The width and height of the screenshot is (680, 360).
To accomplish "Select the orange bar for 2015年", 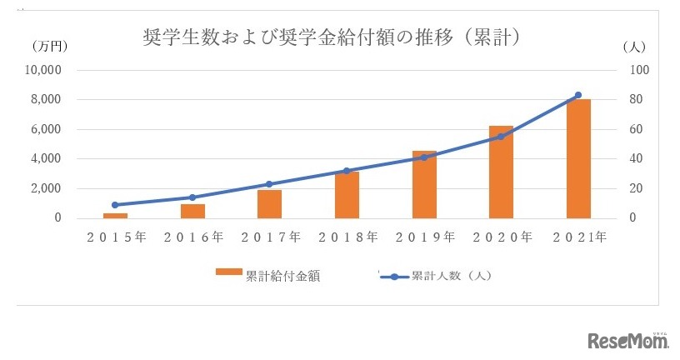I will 115,215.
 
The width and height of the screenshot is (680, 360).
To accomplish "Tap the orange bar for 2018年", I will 347,195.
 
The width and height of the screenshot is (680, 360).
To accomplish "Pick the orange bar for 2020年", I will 501,172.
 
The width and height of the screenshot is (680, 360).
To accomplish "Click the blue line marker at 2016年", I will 192,197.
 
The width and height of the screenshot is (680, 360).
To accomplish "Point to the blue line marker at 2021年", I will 578,95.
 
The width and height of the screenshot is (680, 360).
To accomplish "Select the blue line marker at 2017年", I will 269,184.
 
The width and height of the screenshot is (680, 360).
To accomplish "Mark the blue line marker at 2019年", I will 424,157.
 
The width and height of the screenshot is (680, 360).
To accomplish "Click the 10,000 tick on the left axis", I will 44,70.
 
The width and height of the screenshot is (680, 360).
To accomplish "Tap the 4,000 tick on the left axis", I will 48,158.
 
